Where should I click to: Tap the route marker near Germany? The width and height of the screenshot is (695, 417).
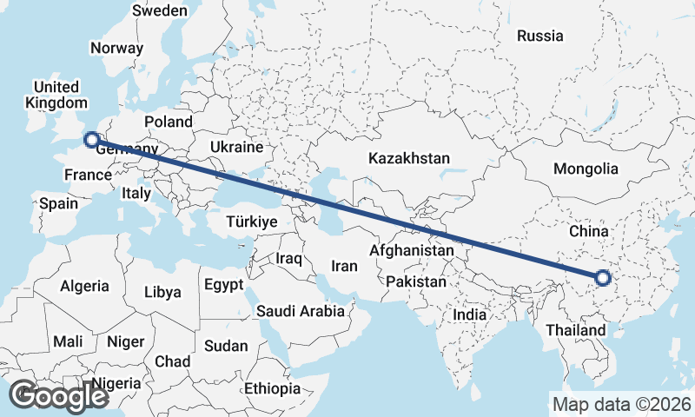pyautogui.click(x=90, y=139)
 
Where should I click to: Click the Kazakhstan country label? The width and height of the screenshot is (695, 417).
pyautogui.click(x=408, y=159)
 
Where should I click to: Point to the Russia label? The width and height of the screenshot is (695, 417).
pyautogui.click(x=539, y=36)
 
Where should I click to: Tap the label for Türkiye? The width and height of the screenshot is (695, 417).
pyautogui.click(x=251, y=222)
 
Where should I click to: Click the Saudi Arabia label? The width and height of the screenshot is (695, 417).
pyautogui.click(x=301, y=310)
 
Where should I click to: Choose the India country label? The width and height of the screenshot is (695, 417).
pyautogui.click(x=470, y=314)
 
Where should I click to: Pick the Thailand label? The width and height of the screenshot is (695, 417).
pyautogui.click(x=576, y=330)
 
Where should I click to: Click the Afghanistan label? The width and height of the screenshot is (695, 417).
pyautogui.click(x=412, y=250)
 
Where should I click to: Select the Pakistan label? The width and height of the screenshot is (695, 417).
pyautogui.click(x=416, y=281)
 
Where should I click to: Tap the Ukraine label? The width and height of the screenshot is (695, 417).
pyautogui.click(x=236, y=147)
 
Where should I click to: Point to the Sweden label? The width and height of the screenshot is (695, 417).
pyautogui.click(x=160, y=10)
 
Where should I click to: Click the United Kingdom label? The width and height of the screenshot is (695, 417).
pyautogui.click(x=56, y=95)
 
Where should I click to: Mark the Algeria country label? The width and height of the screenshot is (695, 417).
pyautogui.click(x=85, y=286)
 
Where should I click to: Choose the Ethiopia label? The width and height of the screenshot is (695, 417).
pyautogui.click(x=272, y=388)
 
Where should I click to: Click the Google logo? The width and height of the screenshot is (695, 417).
pyautogui.click(x=58, y=396)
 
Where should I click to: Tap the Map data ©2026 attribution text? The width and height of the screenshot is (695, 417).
pyautogui.click(x=621, y=404)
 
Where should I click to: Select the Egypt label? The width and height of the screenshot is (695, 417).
pyautogui.click(x=224, y=284)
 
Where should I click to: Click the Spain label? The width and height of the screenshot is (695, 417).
pyautogui.click(x=58, y=204)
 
